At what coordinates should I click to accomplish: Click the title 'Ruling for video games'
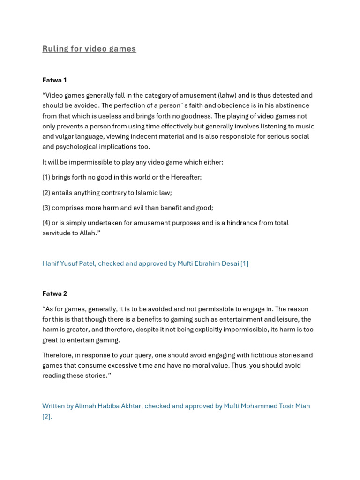[89, 49]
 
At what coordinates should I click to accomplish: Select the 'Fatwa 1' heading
[54, 80]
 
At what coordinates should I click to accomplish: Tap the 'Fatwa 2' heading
[54, 293]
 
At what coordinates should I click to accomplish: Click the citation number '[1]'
[244, 263]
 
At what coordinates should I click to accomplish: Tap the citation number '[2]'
[47, 416]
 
